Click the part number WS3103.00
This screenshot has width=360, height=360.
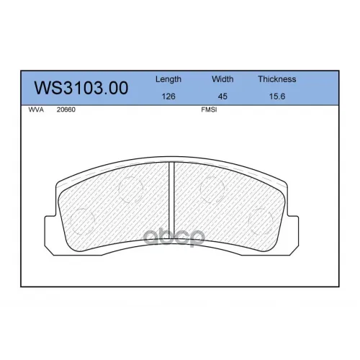tap(81, 88)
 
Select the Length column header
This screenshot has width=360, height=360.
tap(168, 79)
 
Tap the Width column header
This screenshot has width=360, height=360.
tap(222, 79)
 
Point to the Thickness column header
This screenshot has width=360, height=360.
tap(277, 79)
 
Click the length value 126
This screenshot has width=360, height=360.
tap(168, 96)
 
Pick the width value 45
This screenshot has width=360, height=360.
tap(222, 96)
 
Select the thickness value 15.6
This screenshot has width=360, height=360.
tap(277, 96)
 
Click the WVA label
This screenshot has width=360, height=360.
tap(36, 109)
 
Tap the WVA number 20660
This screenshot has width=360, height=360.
tap(66, 109)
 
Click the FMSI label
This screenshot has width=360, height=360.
tap(209, 109)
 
